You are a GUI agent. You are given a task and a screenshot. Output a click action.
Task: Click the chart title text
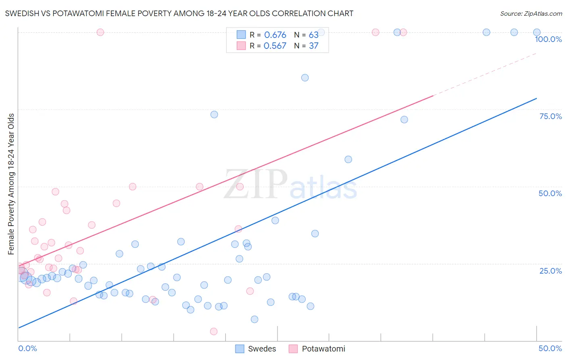[x=179, y=13]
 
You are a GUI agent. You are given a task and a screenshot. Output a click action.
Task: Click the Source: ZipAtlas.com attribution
[x=531, y=13]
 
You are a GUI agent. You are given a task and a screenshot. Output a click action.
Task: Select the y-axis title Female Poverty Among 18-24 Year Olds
[x=11, y=184]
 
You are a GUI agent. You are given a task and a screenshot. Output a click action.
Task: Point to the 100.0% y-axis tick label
[x=548, y=39]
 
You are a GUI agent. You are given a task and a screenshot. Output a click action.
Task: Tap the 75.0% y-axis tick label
[x=550, y=116]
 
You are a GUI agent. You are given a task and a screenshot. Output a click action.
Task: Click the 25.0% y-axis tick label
[x=550, y=271]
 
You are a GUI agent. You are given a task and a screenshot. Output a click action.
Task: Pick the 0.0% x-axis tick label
[x=27, y=348]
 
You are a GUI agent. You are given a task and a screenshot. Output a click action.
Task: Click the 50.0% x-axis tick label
[x=550, y=348]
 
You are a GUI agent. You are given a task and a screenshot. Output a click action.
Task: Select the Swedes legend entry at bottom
[x=256, y=349]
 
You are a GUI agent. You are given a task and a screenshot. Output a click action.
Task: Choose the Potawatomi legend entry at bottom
[x=317, y=349]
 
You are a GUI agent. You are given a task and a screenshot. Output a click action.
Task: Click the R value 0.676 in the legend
[x=275, y=35]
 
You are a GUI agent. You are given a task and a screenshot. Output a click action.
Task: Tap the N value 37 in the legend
[x=313, y=46]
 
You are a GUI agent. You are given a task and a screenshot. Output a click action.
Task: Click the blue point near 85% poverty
[x=305, y=78]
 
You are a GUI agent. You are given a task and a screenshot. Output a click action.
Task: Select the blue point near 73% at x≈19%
[x=214, y=115]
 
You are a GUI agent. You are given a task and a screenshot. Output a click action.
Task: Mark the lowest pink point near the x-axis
[x=214, y=331]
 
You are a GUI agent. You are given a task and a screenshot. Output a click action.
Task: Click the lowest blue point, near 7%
[x=254, y=319]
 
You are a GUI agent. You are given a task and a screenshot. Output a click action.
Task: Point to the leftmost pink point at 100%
[x=100, y=32]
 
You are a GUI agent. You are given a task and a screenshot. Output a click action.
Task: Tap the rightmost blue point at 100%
[x=537, y=32]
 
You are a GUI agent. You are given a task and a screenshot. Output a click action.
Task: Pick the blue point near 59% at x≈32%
[x=348, y=159]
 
